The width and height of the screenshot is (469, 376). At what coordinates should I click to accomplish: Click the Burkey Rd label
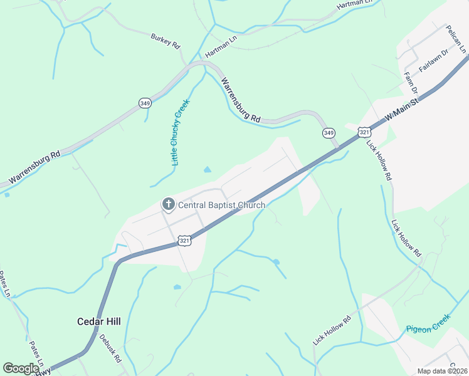tap(165, 41)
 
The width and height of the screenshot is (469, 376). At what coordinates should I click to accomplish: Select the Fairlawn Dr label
tap(435, 63)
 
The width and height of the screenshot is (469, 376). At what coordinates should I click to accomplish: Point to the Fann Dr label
tap(411, 81)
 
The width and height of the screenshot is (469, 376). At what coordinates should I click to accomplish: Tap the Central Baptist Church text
tap(222, 205)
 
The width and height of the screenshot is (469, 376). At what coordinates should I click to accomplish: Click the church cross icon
tap(168, 204)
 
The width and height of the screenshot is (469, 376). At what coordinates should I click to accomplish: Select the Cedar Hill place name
tap(98, 321)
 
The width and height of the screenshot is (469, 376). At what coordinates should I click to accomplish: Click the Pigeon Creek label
tap(428, 326)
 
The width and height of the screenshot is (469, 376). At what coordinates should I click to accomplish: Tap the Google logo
tap(21, 368)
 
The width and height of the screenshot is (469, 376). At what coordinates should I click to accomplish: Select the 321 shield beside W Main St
tap(365, 132)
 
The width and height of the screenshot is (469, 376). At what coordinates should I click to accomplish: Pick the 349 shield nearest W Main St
tap(329, 133)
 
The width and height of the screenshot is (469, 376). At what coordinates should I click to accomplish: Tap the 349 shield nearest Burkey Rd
tap(145, 103)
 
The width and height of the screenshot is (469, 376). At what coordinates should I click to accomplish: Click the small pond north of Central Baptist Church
tap(207, 169)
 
